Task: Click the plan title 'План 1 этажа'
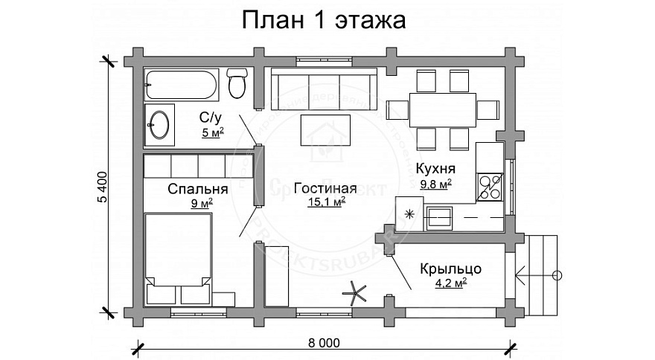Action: [x=322, y=21]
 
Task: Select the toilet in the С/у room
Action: [x=237, y=84]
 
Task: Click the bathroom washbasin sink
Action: [x=159, y=123]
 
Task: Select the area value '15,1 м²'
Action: [x=325, y=202]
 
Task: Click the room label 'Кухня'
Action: [x=435, y=168]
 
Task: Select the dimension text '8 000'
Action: [x=322, y=343]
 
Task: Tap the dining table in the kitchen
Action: [x=443, y=107]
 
